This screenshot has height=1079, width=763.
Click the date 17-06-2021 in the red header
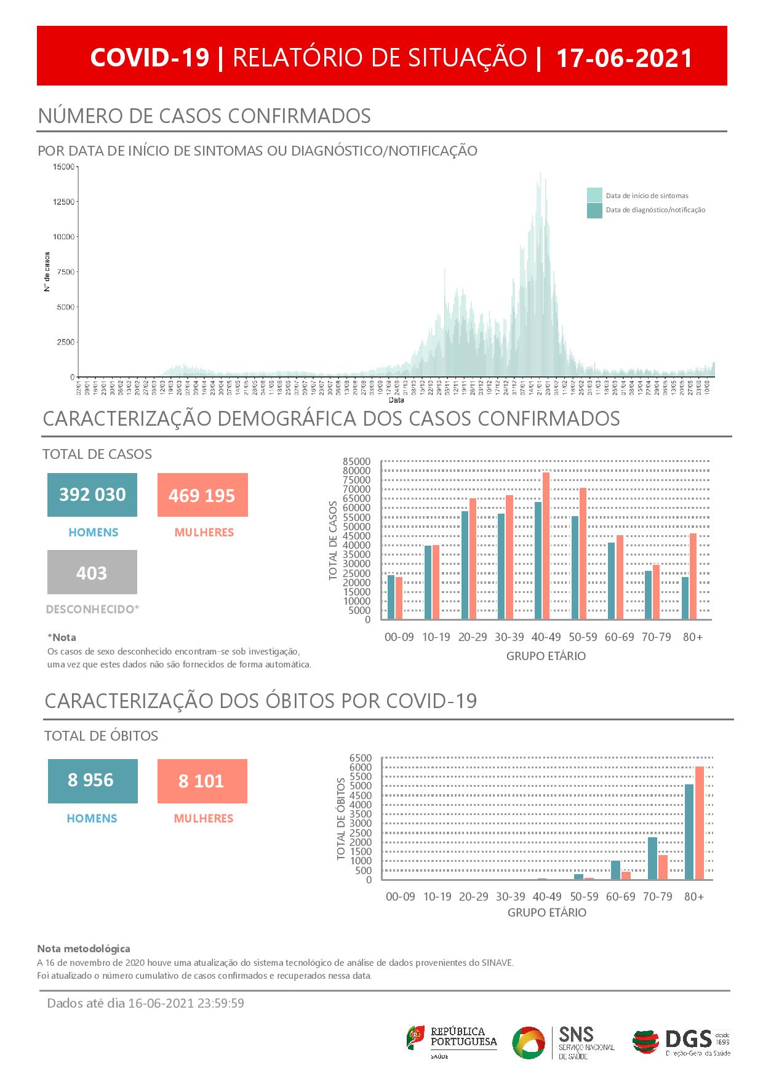click(x=625, y=58)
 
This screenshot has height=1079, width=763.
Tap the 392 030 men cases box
click(x=92, y=495)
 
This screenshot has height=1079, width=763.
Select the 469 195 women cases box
click(x=202, y=495)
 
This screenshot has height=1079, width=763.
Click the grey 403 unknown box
click(x=92, y=573)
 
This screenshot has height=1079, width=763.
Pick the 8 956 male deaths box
click(x=92, y=781)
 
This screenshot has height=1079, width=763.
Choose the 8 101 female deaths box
click(x=202, y=781)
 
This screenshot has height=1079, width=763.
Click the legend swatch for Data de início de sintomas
click(x=594, y=196)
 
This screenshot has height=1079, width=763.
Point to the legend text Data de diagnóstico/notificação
click(x=655, y=210)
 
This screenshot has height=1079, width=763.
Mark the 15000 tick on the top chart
click(x=64, y=167)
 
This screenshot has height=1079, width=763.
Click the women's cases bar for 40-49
click(x=546, y=546)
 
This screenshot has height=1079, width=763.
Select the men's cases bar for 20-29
click(x=465, y=565)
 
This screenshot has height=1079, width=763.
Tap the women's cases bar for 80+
click(x=693, y=576)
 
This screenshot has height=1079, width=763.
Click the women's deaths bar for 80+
click(x=699, y=822)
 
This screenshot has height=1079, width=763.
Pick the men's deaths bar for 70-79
click(x=652, y=858)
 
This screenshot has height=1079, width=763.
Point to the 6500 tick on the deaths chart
click(x=361, y=758)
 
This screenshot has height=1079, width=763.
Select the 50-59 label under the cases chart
click(x=583, y=637)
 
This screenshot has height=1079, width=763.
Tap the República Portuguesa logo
click(x=452, y=1040)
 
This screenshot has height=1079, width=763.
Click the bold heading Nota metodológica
click(x=84, y=949)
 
